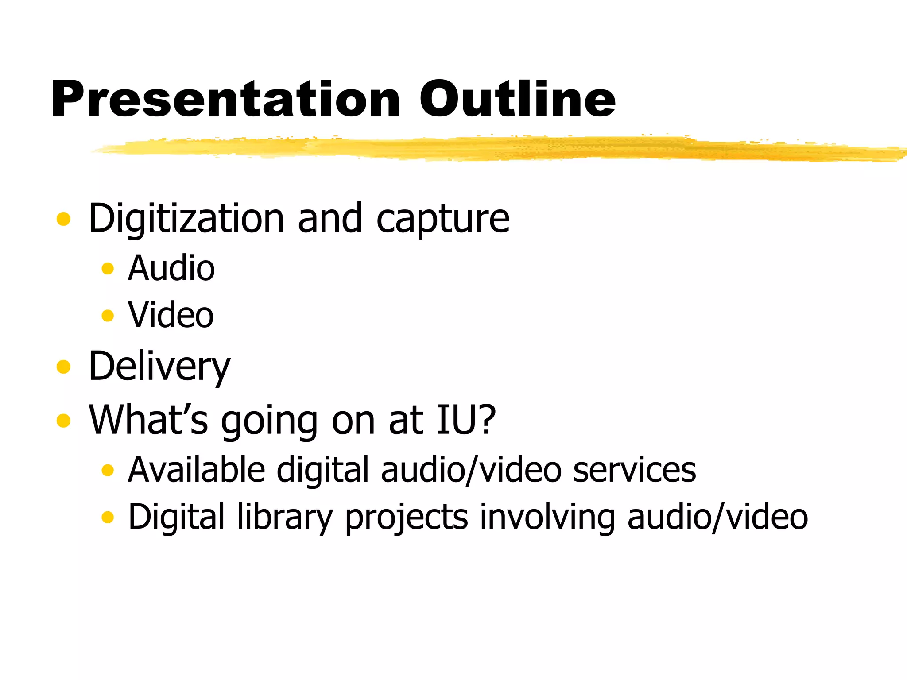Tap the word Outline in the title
coord(517,99)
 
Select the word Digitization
coord(186,219)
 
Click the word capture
coord(443,220)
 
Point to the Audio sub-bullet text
coord(171,268)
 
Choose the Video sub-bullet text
coord(171,315)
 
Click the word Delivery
coord(159,367)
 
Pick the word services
coord(634,470)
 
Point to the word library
coord(285,517)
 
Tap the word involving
coord(547,517)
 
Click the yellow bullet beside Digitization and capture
coord(63,219)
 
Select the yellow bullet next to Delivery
coord(63,367)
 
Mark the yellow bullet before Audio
coord(108,268)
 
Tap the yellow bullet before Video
coord(108,316)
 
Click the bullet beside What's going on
coord(63,420)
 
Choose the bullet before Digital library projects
coord(108,517)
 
